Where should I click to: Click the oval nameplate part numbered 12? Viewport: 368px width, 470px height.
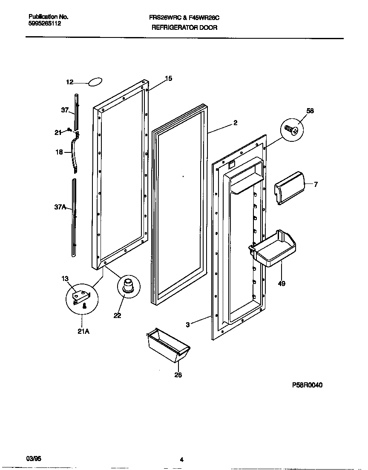[x=96, y=82]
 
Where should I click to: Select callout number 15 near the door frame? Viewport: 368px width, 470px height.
[x=169, y=78]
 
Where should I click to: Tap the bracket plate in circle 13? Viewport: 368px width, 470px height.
[x=81, y=296]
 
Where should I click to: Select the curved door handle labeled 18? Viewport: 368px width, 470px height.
[x=75, y=153]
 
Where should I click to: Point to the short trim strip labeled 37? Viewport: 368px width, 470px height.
[x=76, y=112]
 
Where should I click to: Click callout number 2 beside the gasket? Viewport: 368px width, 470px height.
[x=235, y=123]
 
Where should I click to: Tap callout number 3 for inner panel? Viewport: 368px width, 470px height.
[x=187, y=324]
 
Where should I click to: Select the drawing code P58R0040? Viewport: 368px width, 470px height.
[x=307, y=385]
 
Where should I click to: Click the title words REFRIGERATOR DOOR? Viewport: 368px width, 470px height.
[x=184, y=28]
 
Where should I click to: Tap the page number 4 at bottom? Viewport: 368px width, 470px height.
[x=181, y=459]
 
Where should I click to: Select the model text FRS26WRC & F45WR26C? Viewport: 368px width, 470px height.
[x=184, y=18]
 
